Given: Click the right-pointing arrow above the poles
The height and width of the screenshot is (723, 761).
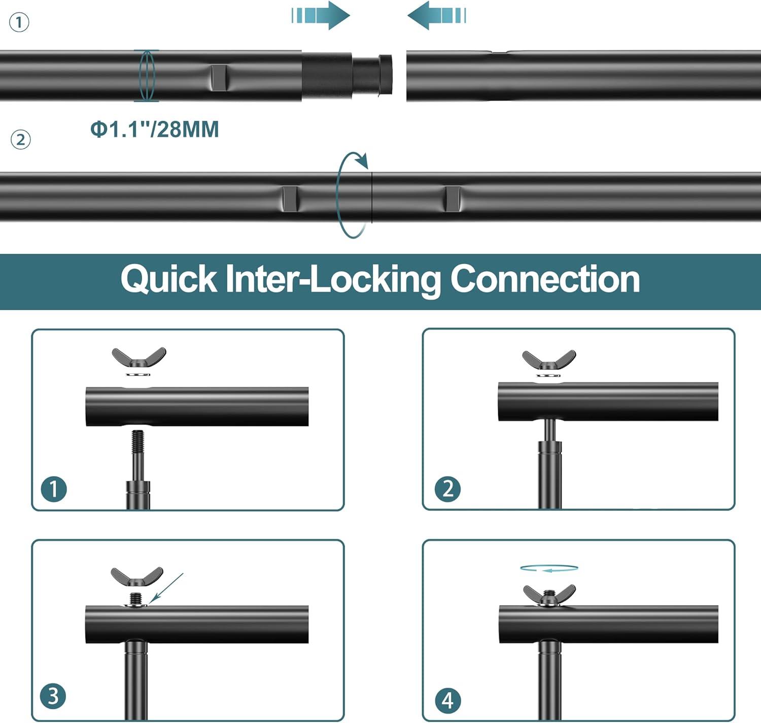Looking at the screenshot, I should tap(321, 15).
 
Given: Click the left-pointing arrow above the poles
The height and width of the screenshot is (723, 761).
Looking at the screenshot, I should tap(436, 15).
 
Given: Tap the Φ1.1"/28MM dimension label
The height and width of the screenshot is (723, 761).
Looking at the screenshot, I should tap(155, 129).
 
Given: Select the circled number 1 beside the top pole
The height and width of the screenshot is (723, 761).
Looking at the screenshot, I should tap(19, 23).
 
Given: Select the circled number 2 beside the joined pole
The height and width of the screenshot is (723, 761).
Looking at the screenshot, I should tap(21, 140).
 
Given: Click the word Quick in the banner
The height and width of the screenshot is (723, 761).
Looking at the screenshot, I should tap(168, 279).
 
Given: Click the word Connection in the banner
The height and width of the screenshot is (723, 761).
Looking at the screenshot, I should tap(545, 279).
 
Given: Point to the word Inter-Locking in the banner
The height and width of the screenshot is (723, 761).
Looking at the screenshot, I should tap(333, 279).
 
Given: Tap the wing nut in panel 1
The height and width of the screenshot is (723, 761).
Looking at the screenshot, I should tap(139, 357).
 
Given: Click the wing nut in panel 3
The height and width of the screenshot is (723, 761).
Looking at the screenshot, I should tap(136, 577).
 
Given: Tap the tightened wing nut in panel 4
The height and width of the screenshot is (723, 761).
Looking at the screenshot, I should tap(549, 595).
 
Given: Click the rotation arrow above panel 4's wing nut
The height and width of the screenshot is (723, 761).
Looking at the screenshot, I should tap(549, 569).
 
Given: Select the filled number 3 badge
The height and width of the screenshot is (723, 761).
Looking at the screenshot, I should tap(53, 696).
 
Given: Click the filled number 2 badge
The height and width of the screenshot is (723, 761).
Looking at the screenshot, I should tap(448, 489).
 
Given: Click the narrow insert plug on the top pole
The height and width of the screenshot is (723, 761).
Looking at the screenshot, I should tap(373, 75).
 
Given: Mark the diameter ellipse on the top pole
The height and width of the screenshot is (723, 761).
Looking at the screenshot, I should tap(146, 75).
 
